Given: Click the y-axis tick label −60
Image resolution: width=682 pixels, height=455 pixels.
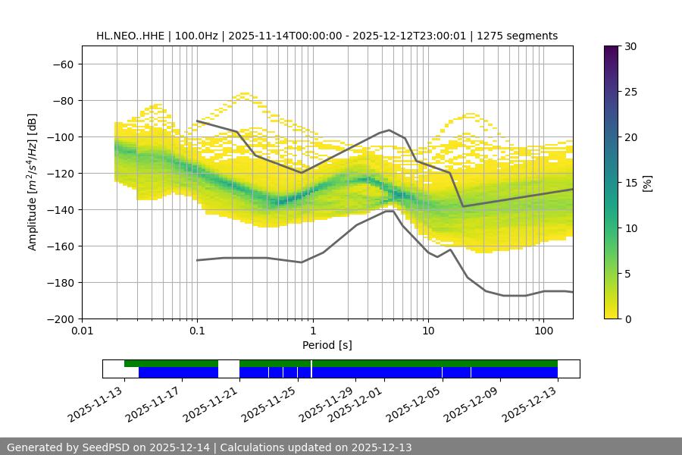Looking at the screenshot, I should (x=62, y=64).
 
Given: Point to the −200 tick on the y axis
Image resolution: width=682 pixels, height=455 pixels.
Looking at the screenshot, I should (x=59, y=319).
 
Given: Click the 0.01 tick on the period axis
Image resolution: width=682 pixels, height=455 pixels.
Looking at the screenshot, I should (x=82, y=331).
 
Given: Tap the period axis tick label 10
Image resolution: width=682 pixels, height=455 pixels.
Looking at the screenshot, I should (x=428, y=331).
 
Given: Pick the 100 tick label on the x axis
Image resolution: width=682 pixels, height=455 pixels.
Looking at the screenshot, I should (x=543, y=331).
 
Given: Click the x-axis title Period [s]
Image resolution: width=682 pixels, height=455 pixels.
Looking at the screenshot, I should (x=327, y=346).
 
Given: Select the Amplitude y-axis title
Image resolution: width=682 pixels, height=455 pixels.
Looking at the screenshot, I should (x=32, y=182).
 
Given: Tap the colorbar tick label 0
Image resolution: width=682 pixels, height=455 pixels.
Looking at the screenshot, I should (x=627, y=319).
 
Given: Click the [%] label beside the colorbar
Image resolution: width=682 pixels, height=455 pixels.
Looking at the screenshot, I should (x=647, y=183).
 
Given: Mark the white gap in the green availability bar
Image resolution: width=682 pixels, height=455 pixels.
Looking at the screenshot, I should (x=229, y=363).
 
